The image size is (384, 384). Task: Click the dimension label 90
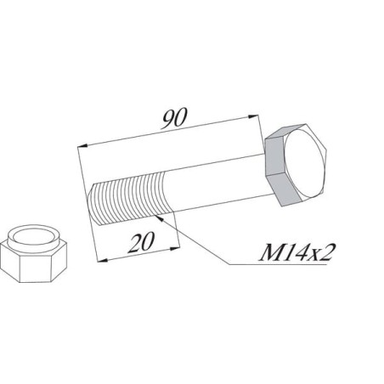tap(174, 118)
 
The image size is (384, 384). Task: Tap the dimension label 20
tap(141, 242)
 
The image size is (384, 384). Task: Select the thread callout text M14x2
tap(295, 252)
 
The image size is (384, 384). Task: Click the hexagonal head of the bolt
tap(295, 165)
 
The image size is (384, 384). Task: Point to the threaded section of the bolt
tap(130, 198)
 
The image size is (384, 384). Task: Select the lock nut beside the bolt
tap(33, 253)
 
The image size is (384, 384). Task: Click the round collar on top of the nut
tap(33, 236)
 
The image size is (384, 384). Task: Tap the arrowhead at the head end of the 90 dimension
tap(253, 116)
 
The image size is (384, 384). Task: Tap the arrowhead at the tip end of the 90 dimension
tap(82, 146)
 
